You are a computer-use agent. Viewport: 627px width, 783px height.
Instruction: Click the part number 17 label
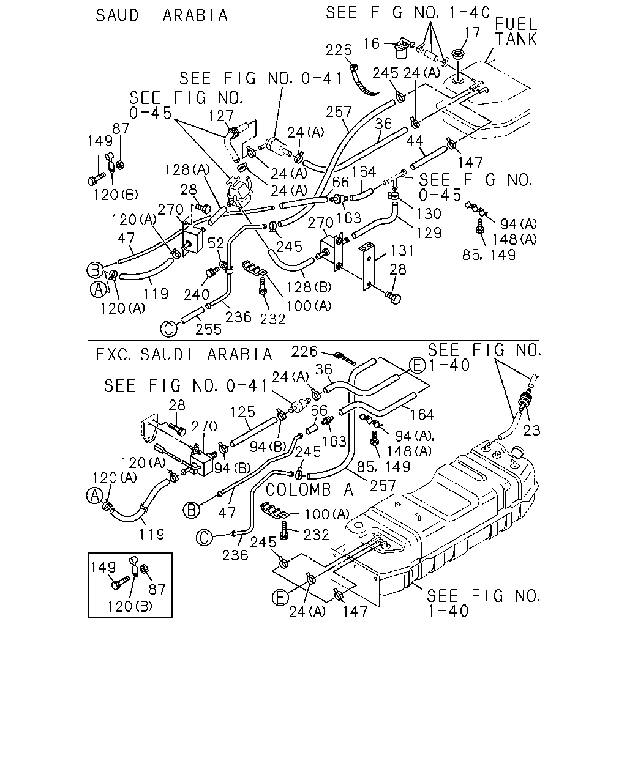point(473,32)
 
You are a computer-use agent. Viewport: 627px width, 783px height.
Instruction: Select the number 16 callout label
point(372,43)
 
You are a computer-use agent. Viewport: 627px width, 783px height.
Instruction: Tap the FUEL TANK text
point(516,32)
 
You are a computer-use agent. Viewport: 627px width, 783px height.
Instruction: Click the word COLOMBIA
point(309,490)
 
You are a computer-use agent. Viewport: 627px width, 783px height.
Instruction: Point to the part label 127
point(221,116)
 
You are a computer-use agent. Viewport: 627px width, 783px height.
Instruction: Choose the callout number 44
point(415,141)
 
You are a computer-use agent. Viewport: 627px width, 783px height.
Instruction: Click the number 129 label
point(429,232)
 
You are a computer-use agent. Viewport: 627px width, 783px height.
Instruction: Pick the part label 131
point(402,250)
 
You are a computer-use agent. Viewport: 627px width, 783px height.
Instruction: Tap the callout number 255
point(208,329)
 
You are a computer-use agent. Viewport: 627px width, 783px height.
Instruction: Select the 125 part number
point(242,412)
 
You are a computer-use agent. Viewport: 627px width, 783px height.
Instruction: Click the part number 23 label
point(531,431)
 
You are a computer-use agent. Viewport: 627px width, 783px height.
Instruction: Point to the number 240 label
point(197,294)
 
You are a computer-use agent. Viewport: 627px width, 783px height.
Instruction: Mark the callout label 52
point(216,243)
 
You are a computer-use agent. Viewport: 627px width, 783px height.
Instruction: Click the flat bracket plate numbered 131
point(369,267)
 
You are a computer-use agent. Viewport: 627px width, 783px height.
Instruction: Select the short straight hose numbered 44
point(429,158)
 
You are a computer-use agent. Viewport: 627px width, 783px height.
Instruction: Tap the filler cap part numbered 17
point(457,55)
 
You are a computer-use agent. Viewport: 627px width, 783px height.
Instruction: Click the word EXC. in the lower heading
point(115,354)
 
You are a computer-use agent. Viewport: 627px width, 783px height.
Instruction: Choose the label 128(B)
point(309,287)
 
